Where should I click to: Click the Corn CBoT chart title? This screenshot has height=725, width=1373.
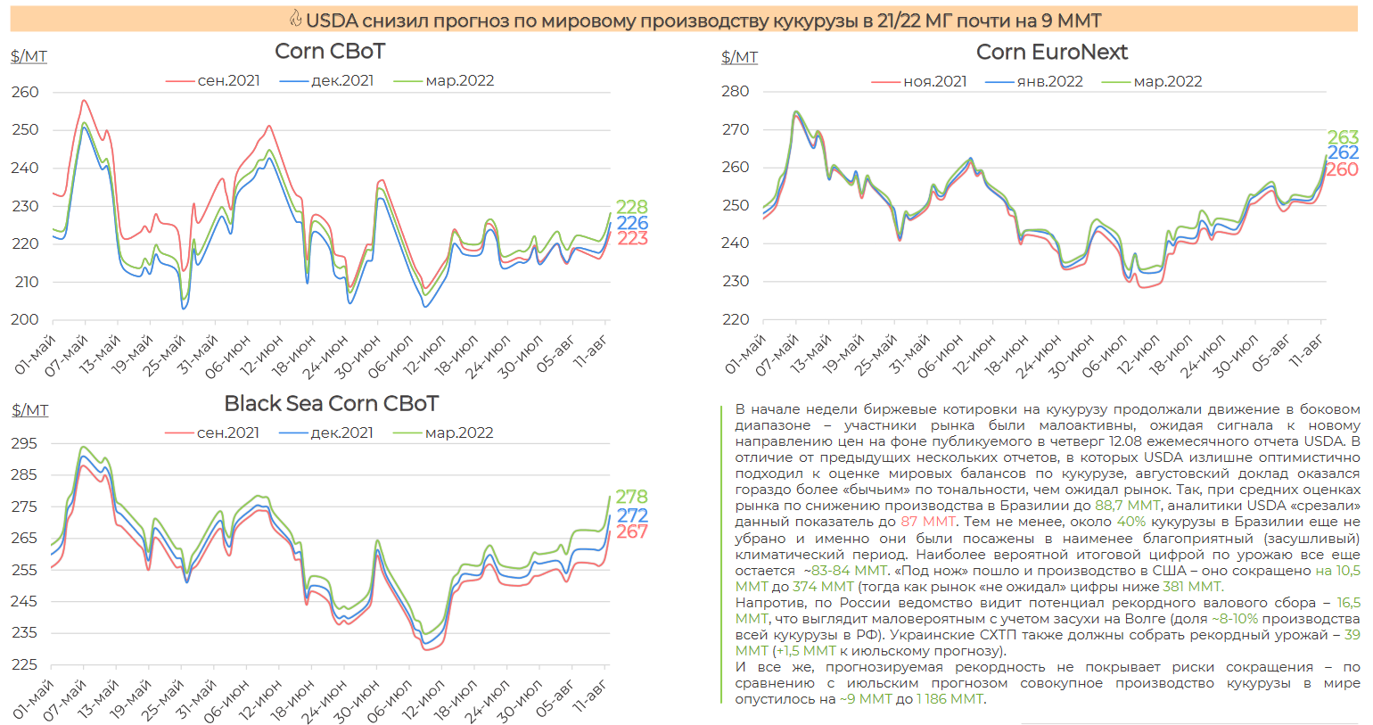[x=330, y=51]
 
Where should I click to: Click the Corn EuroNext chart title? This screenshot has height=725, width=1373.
[x=1051, y=52]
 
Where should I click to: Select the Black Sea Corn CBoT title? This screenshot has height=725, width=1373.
[x=331, y=403]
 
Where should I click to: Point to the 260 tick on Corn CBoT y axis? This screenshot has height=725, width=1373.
[x=25, y=92]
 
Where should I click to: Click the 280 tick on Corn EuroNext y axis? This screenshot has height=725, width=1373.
[x=736, y=91]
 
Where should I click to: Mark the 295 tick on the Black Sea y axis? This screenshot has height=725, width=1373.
[x=24, y=443]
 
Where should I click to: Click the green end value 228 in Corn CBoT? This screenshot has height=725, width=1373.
[x=631, y=206]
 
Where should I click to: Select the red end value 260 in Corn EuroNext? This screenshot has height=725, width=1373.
[x=1342, y=169]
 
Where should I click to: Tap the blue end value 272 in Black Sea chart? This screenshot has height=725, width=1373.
[x=631, y=515]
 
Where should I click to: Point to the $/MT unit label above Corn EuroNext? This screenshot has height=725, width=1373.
[x=739, y=57]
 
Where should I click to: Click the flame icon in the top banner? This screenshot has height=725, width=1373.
[x=295, y=19]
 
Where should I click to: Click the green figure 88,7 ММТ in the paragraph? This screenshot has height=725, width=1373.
[x=1128, y=506]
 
